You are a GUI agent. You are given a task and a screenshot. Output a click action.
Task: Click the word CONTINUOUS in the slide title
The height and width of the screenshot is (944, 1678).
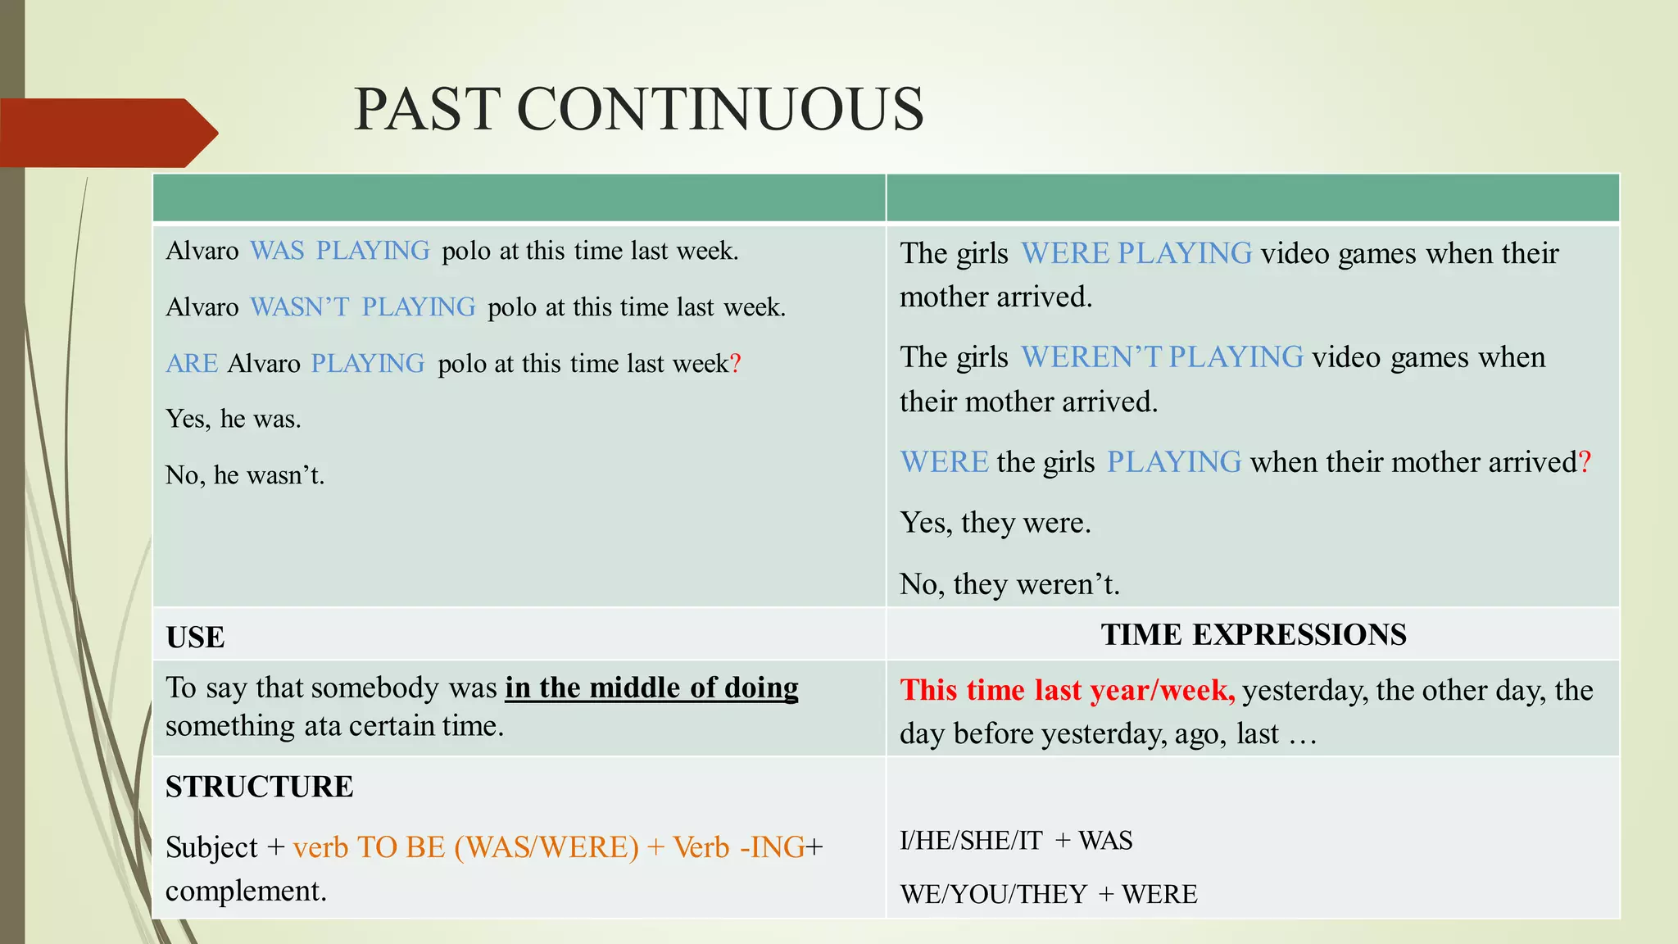tap(720, 109)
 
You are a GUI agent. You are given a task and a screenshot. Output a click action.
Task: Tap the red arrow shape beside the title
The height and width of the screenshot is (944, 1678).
tap(107, 133)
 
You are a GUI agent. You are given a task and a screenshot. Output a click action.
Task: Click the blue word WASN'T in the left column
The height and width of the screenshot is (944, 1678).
tap(299, 307)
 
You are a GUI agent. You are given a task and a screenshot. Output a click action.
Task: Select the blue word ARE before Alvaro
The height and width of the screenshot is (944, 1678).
tap(192, 363)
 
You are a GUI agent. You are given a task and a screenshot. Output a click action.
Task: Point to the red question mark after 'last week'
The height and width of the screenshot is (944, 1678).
tap(735, 363)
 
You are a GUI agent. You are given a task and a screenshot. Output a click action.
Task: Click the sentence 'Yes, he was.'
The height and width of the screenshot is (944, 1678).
tap(234, 419)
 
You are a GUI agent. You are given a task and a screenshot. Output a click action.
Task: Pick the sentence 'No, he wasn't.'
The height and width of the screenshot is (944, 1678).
tap(245, 475)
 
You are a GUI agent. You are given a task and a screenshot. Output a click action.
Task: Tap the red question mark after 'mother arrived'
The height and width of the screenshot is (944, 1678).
tap(1585, 462)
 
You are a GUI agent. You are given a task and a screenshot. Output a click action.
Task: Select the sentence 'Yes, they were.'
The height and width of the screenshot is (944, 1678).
tap(995, 523)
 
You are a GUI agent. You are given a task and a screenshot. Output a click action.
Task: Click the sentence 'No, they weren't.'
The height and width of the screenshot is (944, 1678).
tap(1009, 584)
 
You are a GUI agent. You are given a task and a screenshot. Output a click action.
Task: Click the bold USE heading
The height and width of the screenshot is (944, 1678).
tap(195, 638)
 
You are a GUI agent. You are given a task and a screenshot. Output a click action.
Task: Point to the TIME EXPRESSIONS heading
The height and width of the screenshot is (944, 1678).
tap(1253, 635)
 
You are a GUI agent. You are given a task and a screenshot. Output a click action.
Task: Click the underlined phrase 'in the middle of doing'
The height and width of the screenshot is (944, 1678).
tap(651, 688)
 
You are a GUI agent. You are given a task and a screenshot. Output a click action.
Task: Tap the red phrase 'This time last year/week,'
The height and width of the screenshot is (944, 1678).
tap(1067, 690)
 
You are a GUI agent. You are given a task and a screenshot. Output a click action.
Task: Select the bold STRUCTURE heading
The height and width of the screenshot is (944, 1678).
tap(260, 787)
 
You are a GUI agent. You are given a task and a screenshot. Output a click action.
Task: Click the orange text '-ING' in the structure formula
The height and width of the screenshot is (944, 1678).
tap(772, 847)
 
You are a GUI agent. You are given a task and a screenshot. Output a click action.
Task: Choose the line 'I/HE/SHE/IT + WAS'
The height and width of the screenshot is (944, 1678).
tap(1016, 841)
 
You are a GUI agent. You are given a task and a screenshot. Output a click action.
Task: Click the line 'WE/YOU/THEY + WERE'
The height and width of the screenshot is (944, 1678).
tap(1048, 894)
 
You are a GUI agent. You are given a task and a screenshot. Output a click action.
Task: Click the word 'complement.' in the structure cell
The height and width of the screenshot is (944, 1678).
tap(246, 891)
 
